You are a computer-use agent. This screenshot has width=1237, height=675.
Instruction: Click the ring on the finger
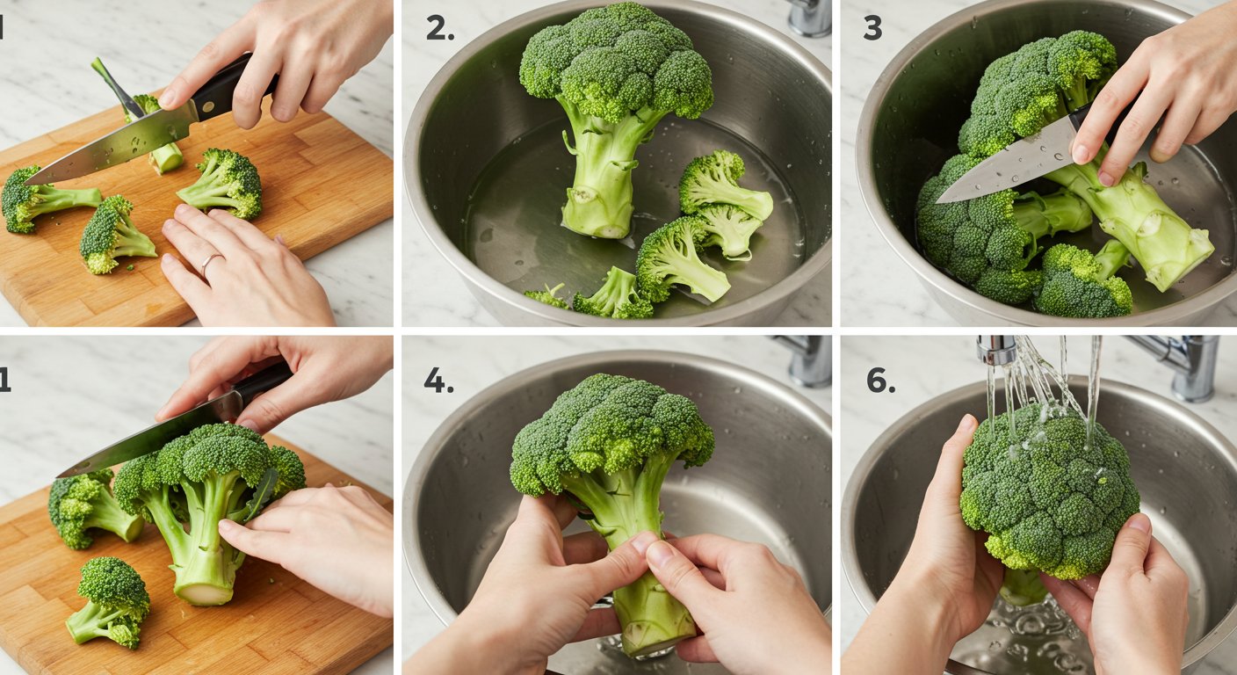(x=209, y=263)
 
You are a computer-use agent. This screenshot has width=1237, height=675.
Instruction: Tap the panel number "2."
(x=440, y=28)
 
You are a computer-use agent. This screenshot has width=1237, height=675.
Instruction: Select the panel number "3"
(x=872, y=27)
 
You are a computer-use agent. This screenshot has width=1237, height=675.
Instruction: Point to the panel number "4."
(x=439, y=381)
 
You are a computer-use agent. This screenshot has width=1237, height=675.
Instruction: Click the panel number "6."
(x=881, y=381)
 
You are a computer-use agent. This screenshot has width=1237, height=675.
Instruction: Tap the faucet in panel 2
(x=809, y=17)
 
